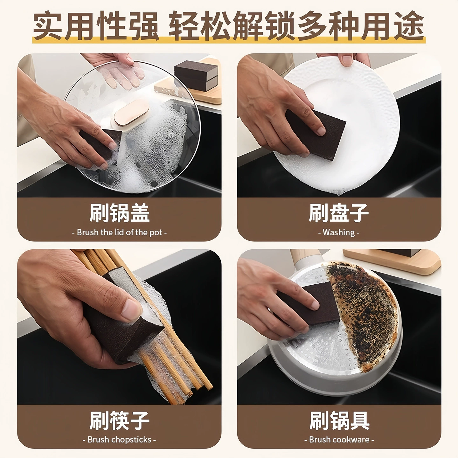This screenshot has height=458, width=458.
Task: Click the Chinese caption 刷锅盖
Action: (119, 213)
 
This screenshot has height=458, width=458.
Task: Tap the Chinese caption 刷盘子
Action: (339, 213)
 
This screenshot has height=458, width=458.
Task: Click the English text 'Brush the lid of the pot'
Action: (119, 232)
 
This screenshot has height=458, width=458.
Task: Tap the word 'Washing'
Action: (339, 232)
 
